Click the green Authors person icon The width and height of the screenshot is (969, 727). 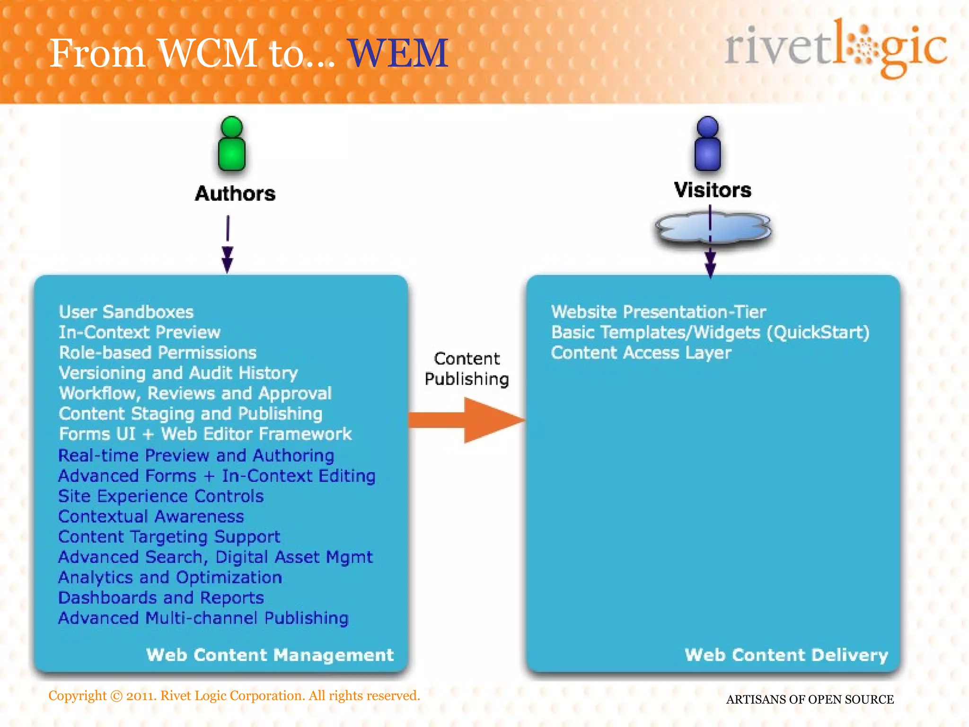(232, 144)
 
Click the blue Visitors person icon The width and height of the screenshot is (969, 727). (707, 144)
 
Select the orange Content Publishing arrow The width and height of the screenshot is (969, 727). (468, 420)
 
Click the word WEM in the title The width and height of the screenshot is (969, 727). (398, 53)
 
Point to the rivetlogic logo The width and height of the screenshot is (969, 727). (836, 48)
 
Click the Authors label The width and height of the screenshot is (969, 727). (235, 194)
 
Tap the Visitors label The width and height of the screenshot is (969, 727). (713, 190)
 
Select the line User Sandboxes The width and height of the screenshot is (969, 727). (126, 312)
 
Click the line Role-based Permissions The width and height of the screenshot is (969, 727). (158, 353)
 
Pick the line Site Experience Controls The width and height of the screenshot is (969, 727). (161, 496)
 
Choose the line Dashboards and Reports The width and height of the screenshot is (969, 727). (161, 598)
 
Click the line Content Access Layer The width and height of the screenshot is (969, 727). (641, 353)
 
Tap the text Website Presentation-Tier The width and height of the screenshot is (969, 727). (658, 312)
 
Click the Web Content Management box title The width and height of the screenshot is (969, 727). (270, 655)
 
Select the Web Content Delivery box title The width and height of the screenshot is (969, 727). (786, 655)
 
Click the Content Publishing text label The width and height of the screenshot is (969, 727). (467, 369)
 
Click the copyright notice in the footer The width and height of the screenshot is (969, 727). (234, 696)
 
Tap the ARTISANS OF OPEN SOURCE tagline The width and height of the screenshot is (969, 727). (810, 700)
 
